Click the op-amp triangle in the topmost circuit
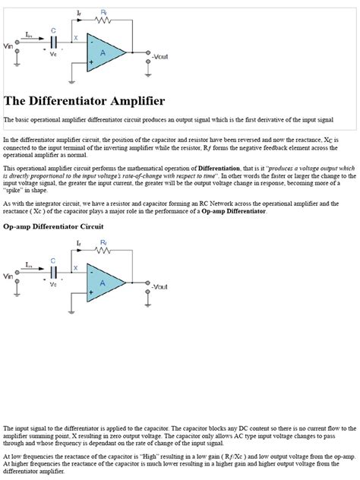[106, 52]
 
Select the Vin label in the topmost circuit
[9, 47]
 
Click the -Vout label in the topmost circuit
[161, 57]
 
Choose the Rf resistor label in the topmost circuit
[104, 14]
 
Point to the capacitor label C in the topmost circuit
[52, 31]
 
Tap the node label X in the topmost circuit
[74, 38]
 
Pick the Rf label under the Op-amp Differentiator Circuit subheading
[104, 243]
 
